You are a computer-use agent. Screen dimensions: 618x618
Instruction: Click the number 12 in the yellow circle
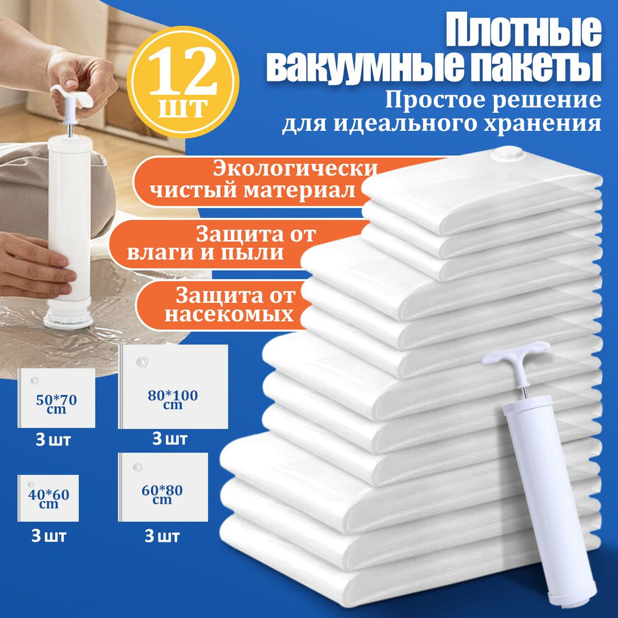click(x=184, y=71)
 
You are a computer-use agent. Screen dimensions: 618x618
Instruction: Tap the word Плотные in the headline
click(x=523, y=32)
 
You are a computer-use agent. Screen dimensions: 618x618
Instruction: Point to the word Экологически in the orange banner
click(x=295, y=169)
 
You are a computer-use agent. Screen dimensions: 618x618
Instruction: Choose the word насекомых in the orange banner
click(x=229, y=315)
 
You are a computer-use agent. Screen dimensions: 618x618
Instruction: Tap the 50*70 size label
click(x=56, y=400)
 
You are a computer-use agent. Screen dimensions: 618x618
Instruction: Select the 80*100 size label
click(x=172, y=396)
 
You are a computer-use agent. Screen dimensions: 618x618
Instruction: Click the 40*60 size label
click(x=48, y=494)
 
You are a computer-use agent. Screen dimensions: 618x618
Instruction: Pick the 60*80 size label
click(x=162, y=490)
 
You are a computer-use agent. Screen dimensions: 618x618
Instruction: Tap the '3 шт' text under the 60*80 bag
click(x=161, y=536)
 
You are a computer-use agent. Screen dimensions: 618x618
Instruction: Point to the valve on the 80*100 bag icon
click(x=142, y=362)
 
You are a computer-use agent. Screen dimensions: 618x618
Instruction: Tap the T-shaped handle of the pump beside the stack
click(x=515, y=354)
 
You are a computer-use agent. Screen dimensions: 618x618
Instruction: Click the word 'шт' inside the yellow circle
click(x=183, y=107)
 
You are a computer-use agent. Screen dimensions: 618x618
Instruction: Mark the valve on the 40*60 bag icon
click(x=31, y=485)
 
